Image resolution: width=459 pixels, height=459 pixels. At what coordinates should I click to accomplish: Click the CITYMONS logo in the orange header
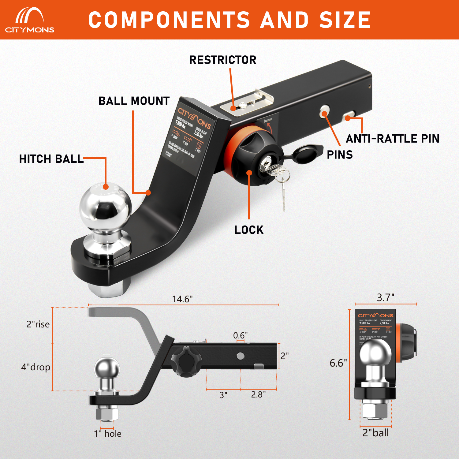coord(30,20)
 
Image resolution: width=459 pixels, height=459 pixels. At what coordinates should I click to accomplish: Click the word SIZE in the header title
coord(345,20)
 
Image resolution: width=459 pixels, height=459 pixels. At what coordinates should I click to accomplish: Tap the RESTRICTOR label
coord(223,60)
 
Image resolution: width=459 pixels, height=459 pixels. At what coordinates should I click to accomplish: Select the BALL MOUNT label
coord(134,101)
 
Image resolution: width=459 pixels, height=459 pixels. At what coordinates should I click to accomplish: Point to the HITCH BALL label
coord(51,159)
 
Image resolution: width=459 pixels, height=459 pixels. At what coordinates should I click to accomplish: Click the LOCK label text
coord(249,230)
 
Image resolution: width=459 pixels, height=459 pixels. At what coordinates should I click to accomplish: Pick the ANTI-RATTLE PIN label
coord(393,139)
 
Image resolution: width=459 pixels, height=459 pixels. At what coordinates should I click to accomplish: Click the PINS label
coord(340,155)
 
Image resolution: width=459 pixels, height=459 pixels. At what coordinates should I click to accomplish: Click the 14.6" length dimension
coord(182,299)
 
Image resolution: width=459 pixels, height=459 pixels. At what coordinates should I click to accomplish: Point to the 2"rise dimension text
coord(38,324)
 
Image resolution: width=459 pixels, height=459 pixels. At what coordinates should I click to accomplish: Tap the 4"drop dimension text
coord(35,367)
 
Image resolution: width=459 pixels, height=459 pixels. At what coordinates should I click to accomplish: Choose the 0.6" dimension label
coord(240,335)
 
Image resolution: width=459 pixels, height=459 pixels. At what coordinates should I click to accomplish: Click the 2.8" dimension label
coord(258,395)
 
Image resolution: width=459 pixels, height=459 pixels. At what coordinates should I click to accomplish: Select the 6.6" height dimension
coord(338,363)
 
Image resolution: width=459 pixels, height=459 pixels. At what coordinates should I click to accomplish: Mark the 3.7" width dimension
coord(386,297)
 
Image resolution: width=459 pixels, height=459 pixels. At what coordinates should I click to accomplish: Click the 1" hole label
coord(108,434)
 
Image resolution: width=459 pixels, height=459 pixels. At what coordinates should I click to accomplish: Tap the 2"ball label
coord(375,433)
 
